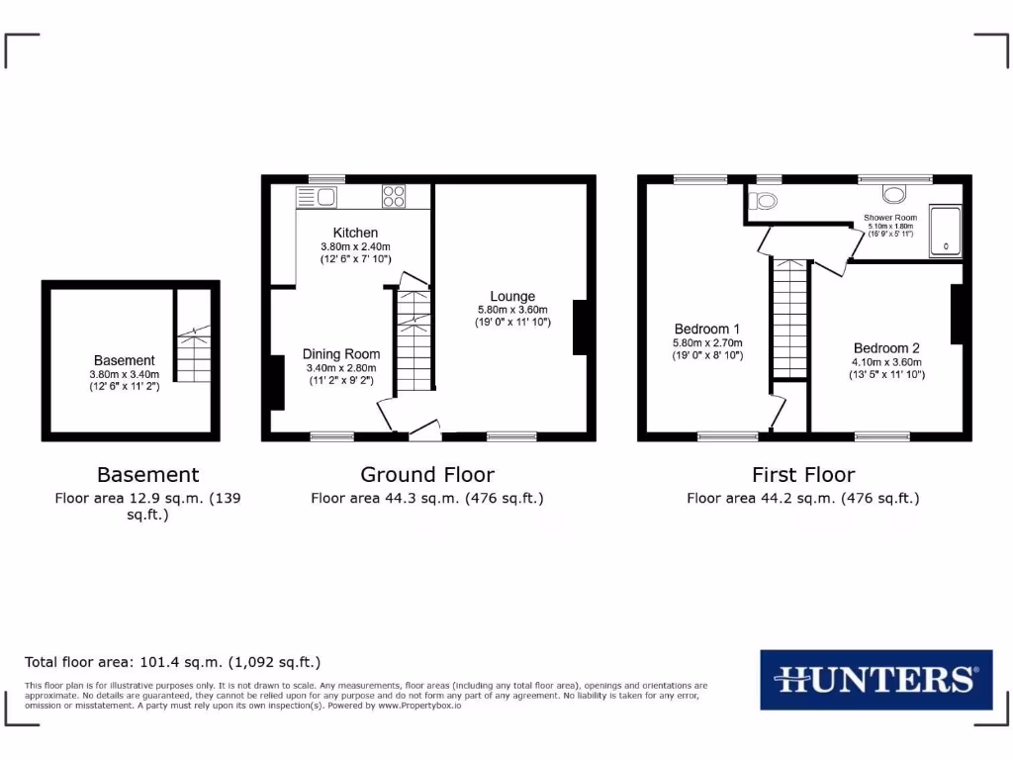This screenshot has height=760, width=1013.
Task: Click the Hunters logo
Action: [875, 679]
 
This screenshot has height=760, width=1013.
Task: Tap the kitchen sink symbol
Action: [318, 196]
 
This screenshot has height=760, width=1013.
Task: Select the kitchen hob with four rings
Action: [393, 196]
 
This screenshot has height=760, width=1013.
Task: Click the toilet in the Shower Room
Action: [762, 203]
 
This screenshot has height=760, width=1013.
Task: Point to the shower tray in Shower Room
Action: [946, 231]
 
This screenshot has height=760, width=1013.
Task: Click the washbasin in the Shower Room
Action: [894, 194]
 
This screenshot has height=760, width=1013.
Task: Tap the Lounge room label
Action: [512, 296]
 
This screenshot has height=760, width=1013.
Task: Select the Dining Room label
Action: [341, 353]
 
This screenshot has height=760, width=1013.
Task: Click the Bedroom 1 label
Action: [707, 329]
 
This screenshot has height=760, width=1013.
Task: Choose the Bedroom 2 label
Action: [886, 348]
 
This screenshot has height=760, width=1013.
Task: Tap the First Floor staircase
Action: [788, 317]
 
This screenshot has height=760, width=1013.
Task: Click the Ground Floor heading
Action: [427, 475]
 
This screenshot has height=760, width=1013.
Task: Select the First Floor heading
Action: [803, 475]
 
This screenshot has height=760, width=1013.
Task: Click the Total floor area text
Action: [172, 662]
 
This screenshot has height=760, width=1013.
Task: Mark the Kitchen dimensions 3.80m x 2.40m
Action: [355, 246]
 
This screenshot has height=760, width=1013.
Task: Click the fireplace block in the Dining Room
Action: [275, 382]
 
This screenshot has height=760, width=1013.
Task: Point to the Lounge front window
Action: [511, 436]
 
